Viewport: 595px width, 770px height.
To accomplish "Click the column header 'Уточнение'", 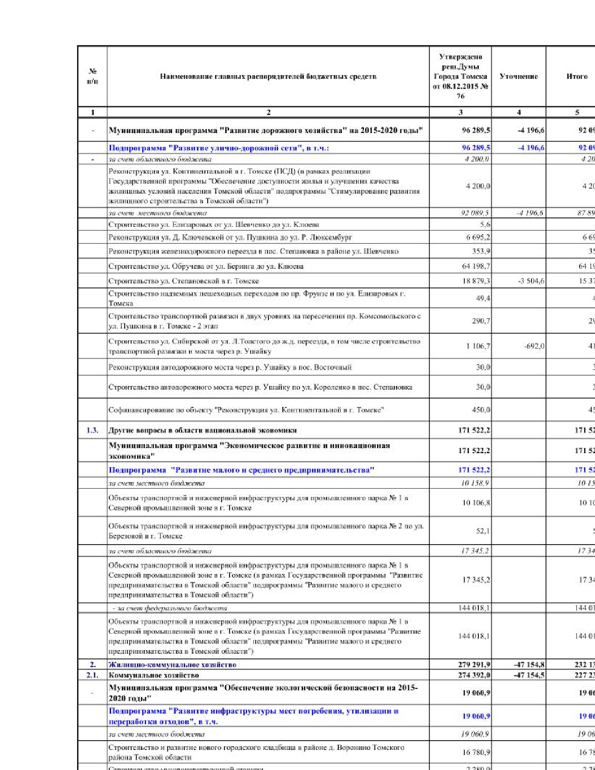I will [x=518, y=76].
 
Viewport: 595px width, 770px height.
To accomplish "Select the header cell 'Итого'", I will [x=577, y=76].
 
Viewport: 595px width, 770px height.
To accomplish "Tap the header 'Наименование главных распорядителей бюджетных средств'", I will [x=268, y=76].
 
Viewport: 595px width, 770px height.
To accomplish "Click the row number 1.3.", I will [x=92, y=430].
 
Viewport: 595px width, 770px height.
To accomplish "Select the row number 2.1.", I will [x=92, y=675].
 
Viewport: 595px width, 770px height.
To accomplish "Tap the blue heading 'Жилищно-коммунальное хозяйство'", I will [x=172, y=665].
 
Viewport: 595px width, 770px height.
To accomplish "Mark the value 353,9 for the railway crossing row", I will [x=481, y=252].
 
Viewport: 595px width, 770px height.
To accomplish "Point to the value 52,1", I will [x=483, y=531].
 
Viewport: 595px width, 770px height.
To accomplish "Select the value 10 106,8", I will [x=476, y=503].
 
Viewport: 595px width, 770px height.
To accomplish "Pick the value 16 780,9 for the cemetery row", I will [x=476, y=752].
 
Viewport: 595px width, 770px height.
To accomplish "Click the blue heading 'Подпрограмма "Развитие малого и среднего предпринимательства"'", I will [x=241, y=470].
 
